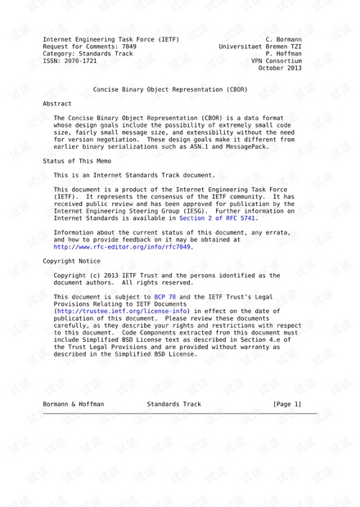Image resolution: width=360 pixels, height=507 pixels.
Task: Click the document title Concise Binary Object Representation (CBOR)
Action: (x=179, y=90)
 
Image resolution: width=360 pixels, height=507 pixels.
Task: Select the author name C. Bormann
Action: (x=283, y=38)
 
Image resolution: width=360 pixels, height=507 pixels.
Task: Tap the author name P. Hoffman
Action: (x=283, y=53)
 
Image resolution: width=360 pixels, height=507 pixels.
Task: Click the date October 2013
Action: (x=280, y=68)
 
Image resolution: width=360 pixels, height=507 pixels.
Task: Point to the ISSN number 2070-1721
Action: (x=80, y=61)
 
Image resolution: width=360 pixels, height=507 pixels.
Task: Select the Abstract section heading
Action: (x=57, y=105)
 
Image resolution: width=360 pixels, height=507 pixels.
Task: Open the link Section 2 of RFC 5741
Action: (x=218, y=218)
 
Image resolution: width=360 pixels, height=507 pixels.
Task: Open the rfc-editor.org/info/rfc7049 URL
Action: (x=122, y=246)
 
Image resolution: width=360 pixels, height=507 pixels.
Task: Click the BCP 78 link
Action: (x=165, y=296)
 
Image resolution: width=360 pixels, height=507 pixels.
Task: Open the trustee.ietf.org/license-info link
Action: (x=122, y=311)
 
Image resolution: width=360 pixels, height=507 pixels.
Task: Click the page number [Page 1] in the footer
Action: (x=286, y=404)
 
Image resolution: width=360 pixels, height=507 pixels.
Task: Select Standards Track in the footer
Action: (x=173, y=404)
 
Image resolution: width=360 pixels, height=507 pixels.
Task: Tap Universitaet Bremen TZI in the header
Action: (x=260, y=46)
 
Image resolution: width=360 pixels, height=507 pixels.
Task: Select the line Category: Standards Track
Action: (x=88, y=53)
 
